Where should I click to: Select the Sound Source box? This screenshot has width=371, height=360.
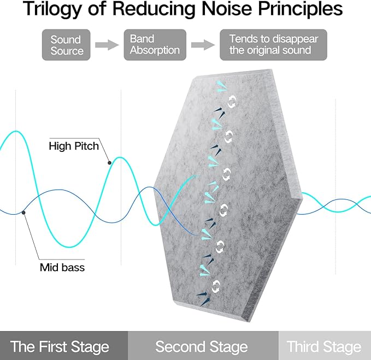tap(66, 45)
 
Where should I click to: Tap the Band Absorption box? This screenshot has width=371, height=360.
tap(155, 45)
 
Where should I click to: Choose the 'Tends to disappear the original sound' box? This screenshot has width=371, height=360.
tap(274, 45)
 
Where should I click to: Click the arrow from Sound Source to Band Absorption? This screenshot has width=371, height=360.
tap(107, 45)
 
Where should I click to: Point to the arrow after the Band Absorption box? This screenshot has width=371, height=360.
tap(203, 45)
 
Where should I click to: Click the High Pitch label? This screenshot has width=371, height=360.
tap(74, 146)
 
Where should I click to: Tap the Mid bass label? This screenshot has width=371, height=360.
tap(62, 268)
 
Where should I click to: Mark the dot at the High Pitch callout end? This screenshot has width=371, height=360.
tap(109, 163)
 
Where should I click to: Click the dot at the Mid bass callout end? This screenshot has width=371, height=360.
tap(23, 213)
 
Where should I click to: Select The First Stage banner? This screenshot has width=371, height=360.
tap(64, 346)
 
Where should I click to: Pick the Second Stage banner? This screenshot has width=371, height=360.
tap(203, 346)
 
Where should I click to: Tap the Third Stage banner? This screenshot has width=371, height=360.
tap(325, 346)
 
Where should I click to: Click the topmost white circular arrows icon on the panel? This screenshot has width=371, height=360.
tap(232, 101)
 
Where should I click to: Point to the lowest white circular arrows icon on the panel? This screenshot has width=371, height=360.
tap(216, 286)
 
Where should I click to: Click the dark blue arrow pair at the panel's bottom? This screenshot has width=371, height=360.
tap(204, 298)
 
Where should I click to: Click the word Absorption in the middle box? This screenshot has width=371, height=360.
tap(155, 50)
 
